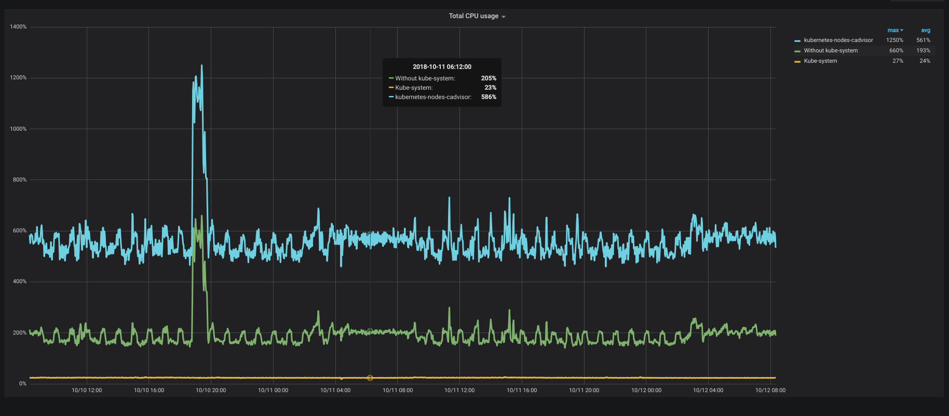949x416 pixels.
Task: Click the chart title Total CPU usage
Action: click(x=473, y=16)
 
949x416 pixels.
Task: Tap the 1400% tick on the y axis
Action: click(x=18, y=26)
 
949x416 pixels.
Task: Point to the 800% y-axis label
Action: click(x=20, y=179)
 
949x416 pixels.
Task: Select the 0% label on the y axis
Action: click(x=23, y=383)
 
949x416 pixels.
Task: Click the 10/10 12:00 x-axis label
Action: click(x=87, y=390)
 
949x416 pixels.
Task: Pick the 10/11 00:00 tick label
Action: click(x=273, y=390)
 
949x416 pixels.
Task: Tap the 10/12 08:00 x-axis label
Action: click(x=770, y=390)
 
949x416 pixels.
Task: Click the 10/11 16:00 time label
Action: click(x=522, y=390)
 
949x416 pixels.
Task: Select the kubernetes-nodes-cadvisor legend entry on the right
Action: click(x=838, y=40)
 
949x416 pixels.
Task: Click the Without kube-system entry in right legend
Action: click(x=831, y=50)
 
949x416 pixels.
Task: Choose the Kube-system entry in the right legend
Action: click(x=820, y=61)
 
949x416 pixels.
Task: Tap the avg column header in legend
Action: click(x=926, y=30)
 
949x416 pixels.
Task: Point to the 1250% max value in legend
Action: click(x=894, y=40)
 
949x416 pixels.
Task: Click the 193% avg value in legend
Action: click(x=923, y=50)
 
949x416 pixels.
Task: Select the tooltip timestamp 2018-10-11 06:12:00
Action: click(x=442, y=67)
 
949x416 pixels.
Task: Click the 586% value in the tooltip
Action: click(x=489, y=97)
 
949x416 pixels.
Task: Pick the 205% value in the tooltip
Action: click(x=489, y=78)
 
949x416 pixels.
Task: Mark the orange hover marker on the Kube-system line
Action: click(x=370, y=378)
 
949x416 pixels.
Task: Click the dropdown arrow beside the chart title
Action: click(x=504, y=17)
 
